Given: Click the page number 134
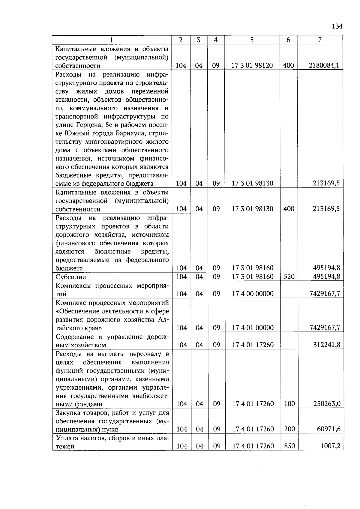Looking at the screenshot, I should (x=337, y=26).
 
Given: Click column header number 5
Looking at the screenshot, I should (x=252, y=40).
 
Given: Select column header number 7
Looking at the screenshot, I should (x=320, y=40).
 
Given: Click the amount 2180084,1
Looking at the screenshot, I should (x=324, y=65).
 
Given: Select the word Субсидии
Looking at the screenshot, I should (x=71, y=277).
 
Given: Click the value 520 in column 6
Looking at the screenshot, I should (x=289, y=277).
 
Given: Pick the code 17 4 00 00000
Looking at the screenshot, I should (x=253, y=294).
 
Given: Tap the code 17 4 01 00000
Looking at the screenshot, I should (x=253, y=328).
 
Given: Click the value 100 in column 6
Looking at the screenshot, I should (x=289, y=404).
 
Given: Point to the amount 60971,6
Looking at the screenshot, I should (x=328, y=429).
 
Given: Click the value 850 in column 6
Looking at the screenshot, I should (x=289, y=446).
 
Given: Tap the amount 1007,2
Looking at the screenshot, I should (x=330, y=446).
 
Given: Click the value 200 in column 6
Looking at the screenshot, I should (x=289, y=429).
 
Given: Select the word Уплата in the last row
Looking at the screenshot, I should (x=67, y=438).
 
